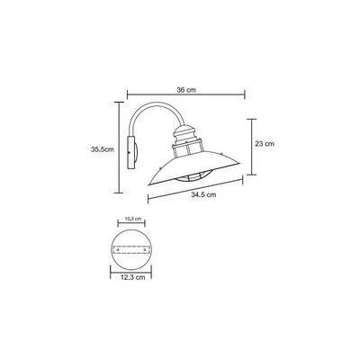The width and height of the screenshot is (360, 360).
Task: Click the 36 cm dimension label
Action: (x=186, y=90)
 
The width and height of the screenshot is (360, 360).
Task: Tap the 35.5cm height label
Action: (x=103, y=149)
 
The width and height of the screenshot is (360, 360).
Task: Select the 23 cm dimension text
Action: (x=265, y=144)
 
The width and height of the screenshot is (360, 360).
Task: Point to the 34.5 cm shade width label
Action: (x=203, y=194)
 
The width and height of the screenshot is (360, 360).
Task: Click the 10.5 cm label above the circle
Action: (x=132, y=219)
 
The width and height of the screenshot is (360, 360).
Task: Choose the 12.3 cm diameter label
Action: (x=132, y=277)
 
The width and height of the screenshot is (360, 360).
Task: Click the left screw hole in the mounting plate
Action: (x=118, y=249)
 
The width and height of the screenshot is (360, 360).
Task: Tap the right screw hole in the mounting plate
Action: (x=146, y=249)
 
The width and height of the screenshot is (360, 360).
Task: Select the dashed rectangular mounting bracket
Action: (x=131, y=250)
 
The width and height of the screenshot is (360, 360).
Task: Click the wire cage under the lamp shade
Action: (x=190, y=177)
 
